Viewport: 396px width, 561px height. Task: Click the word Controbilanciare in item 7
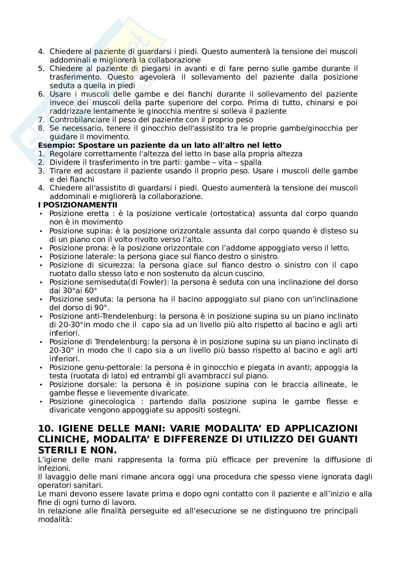point(73,120)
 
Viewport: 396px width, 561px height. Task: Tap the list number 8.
point(41,128)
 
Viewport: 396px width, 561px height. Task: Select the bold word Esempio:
point(56,145)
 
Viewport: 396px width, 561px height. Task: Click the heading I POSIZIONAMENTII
point(78,205)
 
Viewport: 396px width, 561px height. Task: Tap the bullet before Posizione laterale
point(41,256)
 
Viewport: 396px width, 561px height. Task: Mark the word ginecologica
point(115,401)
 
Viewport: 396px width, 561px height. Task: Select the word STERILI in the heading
point(60,450)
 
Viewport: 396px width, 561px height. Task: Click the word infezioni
point(52,468)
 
